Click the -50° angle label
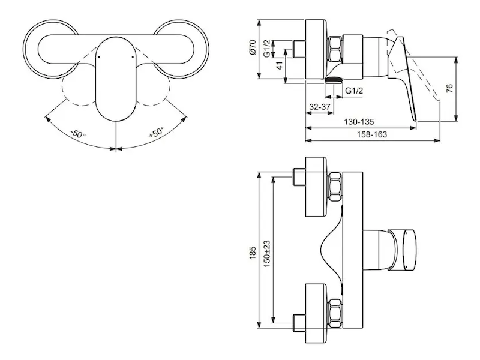[78, 134]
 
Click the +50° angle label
[156, 132]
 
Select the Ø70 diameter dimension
[252, 47]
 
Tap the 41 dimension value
[280, 65]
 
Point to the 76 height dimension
[449, 88]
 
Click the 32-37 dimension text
[320, 107]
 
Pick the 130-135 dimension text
[359, 122]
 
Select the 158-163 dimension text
[371, 134]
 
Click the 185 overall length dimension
[252, 253]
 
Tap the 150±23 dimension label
[266, 253]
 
